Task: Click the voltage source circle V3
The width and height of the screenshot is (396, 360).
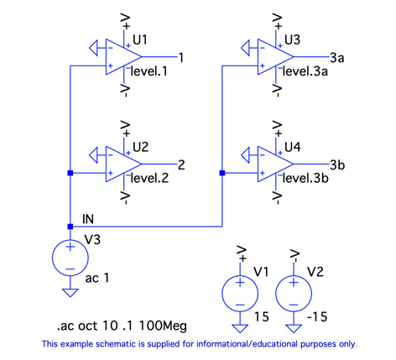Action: [x=70, y=258]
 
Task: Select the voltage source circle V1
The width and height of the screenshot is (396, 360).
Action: [x=240, y=294]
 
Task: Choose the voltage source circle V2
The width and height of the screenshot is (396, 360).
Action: [x=294, y=294]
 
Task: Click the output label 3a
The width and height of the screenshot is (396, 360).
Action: [x=337, y=58]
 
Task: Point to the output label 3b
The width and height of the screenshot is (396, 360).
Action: [x=337, y=164]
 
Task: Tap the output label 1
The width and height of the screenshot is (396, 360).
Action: [x=181, y=58]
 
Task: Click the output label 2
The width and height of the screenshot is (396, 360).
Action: [x=181, y=165]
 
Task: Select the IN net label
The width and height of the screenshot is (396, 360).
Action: [x=88, y=219]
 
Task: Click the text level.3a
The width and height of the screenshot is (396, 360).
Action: [x=305, y=71]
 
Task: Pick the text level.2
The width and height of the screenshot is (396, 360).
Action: [x=149, y=178]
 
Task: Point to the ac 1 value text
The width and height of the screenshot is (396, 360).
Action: [x=97, y=278]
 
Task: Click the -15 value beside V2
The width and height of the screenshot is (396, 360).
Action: [x=317, y=317]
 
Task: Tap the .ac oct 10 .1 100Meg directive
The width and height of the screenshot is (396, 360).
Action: [x=122, y=326]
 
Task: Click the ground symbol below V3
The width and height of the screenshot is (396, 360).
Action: [x=70, y=293]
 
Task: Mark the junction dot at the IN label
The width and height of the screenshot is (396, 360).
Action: [x=70, y=227]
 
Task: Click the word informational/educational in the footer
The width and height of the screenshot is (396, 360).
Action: [x=247, y=344]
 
